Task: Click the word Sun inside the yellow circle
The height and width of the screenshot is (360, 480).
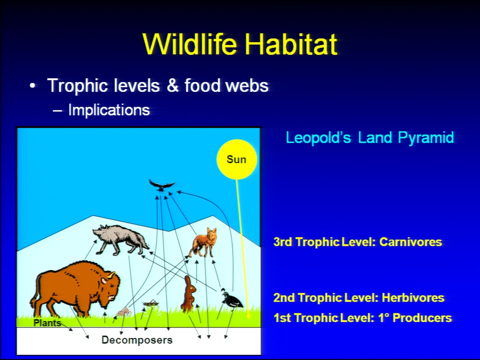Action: (x=236, y=159)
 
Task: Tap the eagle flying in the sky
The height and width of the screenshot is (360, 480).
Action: (x=161, y=185)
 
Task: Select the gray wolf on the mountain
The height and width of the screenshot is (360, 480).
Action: (x=120, y=240)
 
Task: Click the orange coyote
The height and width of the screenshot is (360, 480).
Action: (x=203, y=243)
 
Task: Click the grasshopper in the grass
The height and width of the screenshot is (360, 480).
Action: (x=150, y=303)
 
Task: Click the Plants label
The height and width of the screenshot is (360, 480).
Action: (x=47, y=323)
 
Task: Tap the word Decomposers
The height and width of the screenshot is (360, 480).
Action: (x=137, y=340)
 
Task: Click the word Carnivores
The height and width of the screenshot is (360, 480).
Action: (x=410, y=242)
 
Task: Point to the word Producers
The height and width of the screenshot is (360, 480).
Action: (x=422, y=318)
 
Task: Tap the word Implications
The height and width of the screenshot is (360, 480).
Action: (x=109, y=109)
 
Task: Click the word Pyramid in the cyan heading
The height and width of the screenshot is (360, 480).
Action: (x=426, y=138)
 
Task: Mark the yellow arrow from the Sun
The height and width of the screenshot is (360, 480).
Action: (x=242, y=248)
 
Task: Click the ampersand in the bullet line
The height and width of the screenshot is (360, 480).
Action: (x=172, y=85)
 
